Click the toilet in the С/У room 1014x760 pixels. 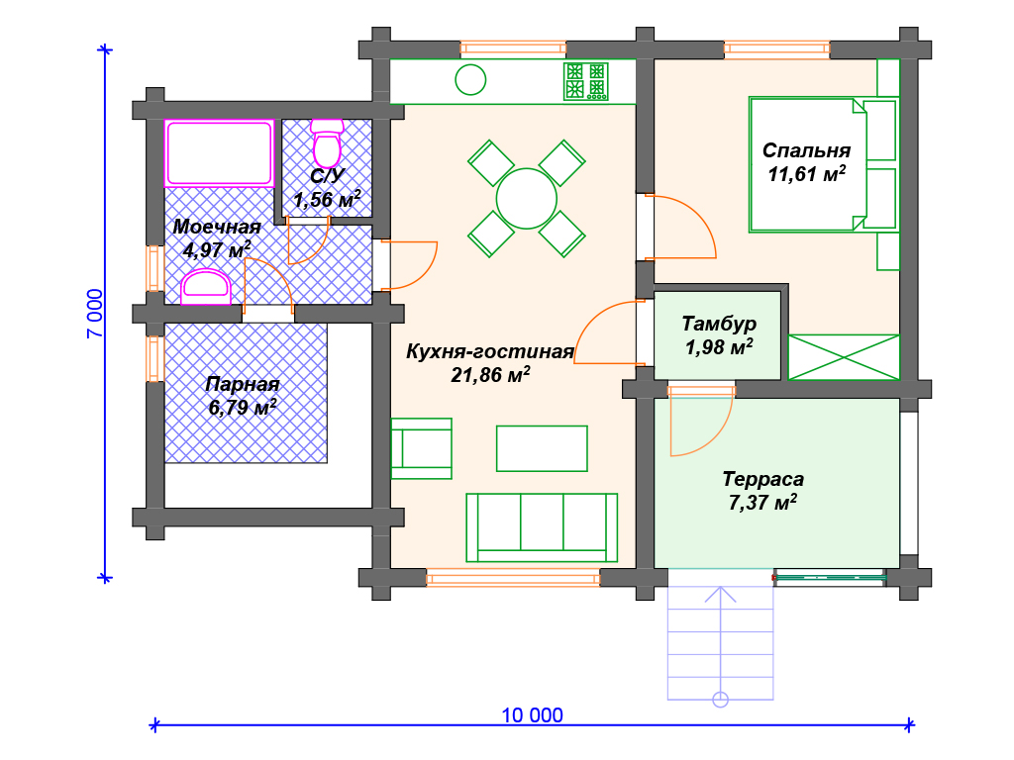(x=327, y=143)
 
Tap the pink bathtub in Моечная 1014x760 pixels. (x=219, y=153)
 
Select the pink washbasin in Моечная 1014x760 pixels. (x=206, y=288)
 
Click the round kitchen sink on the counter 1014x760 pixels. (x=470, y=80)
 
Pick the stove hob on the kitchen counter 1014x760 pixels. (x=586, y=81)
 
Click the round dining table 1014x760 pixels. (x=527, y=199)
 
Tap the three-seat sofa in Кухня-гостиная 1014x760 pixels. (x=542, y=528)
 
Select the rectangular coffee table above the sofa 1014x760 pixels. (x=542, y=448)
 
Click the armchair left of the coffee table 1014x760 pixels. (x=421, y=448)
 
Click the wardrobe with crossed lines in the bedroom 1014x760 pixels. (x=844, y=356)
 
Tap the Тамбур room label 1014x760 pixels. (x=719, y=324)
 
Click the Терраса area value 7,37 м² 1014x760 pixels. (x=762, y=502)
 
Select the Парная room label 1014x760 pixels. (x=243, y=384)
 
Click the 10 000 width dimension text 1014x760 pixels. (x=532, y=715)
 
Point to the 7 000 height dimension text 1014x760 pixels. (x=95, y=314)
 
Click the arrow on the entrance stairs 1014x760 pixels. (x=721, y=646)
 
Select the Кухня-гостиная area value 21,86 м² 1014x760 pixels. (x=490, y=375)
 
